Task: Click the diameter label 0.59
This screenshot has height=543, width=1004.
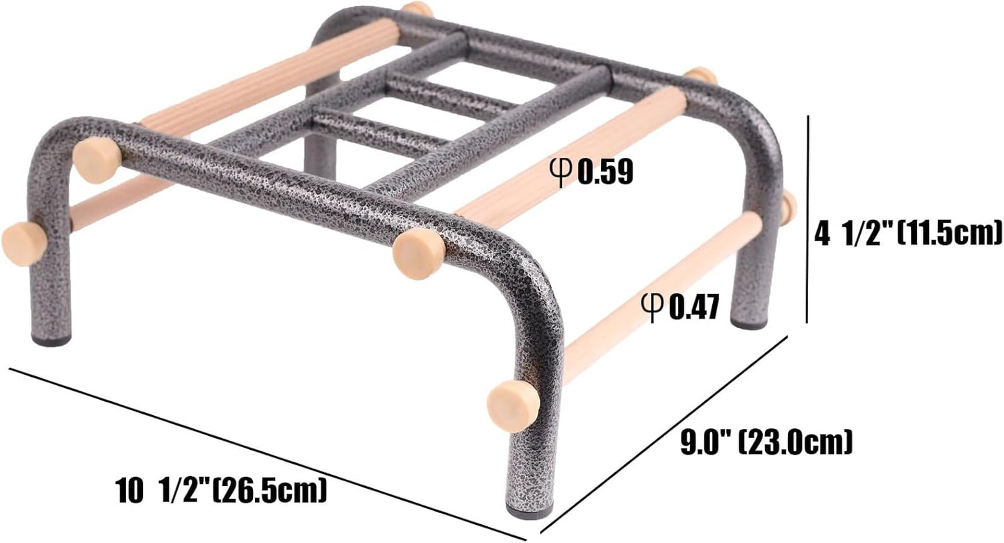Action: pyautogui.click(x=604, y=171)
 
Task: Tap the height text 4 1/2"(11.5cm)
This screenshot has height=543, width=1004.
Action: pyautogui.click(x=907, y=234)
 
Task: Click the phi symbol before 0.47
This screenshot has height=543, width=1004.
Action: pyautogui.click(x=652, y=307)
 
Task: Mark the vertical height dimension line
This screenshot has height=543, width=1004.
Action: pyautogui.click(x=807, y=219)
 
